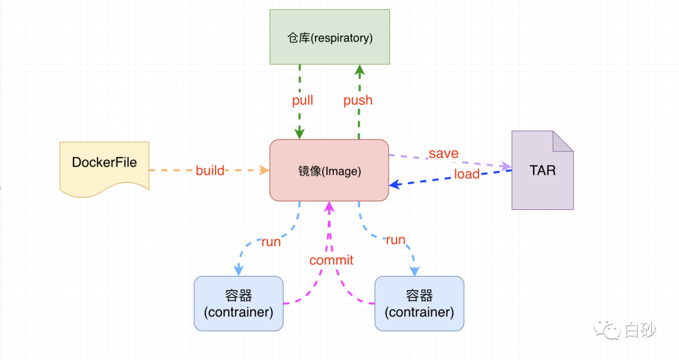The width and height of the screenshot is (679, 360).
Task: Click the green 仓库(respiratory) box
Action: click(329, 37)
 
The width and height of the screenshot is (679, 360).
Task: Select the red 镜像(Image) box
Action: click(329, 170)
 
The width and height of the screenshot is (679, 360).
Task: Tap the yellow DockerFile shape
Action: click(104, 165)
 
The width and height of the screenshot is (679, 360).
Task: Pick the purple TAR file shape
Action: click(542, 171)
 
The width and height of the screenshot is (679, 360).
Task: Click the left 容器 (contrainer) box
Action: click(239, 303)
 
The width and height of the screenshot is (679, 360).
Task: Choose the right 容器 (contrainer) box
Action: click(419, 303)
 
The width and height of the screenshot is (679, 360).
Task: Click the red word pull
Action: click(302, 101)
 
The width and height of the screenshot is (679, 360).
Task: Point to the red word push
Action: click(358, 101)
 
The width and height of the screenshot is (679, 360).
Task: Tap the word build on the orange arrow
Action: click(210, 170)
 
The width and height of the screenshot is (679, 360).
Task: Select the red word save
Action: click(443, 154)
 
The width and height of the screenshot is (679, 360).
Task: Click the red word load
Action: click(466, 174)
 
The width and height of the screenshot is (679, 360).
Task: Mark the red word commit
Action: click(331, 260)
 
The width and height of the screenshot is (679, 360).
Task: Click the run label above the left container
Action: click(271, 242)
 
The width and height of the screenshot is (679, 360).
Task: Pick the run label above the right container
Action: click(395, 240)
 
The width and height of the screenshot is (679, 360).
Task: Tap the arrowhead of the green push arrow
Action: click(359, 70)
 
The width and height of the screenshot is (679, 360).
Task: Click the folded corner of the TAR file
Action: click(563, 141)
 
